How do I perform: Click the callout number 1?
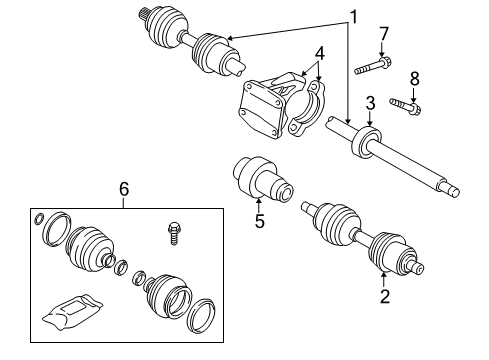tap(352, 16)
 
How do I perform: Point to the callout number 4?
tap(319, 52)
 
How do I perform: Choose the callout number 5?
tap(259, 221)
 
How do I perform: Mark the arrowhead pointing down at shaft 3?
tap(369, 123)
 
